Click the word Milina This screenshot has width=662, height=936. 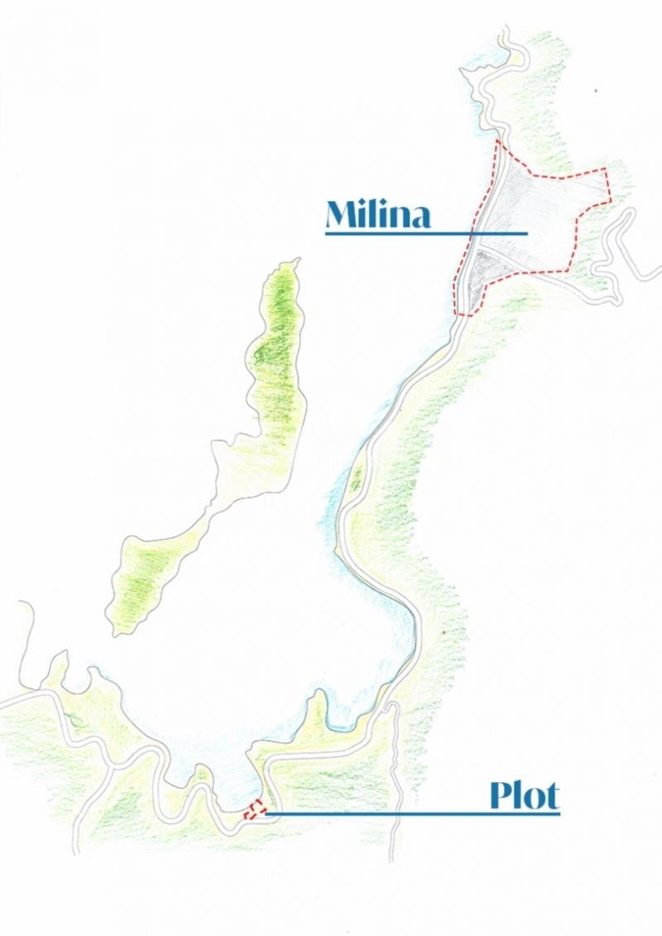point(378,214)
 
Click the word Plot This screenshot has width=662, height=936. point(524,796)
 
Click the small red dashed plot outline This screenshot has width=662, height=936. point(257,809)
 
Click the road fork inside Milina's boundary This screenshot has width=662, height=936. point(480,245)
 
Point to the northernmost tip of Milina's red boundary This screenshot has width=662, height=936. point(498,142)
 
